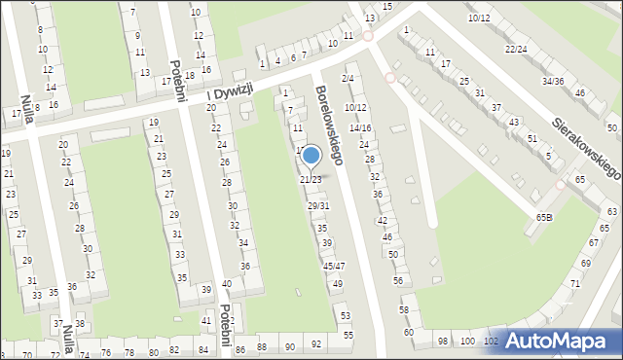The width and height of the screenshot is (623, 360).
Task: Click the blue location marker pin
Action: [311, 156]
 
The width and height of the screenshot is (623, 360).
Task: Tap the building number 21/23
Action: [311, 180]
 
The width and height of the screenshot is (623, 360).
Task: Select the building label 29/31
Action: [318, 205]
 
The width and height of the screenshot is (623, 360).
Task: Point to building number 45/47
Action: [334, 266]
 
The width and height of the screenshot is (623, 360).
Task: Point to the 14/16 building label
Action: [360, 127]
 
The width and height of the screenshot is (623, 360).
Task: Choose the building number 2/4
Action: [348, 78]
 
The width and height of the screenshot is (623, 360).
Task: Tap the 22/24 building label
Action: [516, 49]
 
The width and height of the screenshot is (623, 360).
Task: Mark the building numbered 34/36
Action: [553, 81]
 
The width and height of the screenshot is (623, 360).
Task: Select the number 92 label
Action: [316, 345]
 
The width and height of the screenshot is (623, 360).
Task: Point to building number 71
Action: [574, 283]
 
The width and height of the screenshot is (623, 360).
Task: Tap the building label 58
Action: [404, 309]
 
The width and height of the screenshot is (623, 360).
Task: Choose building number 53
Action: [346, 316]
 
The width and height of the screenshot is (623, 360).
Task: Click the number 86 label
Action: [236, 347]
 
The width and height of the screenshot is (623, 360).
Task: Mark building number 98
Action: [443, 341]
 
